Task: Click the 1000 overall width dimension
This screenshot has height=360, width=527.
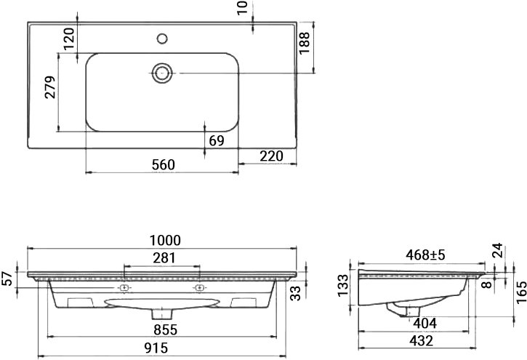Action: pos(165,241)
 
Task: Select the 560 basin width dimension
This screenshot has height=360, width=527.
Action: pos(164,165)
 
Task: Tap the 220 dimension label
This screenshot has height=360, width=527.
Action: pos(272,156)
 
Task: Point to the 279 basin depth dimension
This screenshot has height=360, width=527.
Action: pos(50,87)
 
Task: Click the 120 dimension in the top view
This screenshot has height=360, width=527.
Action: pos(69,39)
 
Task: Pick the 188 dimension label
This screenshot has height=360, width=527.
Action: pos(304,43)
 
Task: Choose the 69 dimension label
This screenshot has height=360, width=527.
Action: pos(217,141)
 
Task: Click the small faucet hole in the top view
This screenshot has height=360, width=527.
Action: pos(162,39)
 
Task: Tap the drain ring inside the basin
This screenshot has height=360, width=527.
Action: pos(162,73)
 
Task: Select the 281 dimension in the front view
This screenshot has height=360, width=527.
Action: pos(164,258)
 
